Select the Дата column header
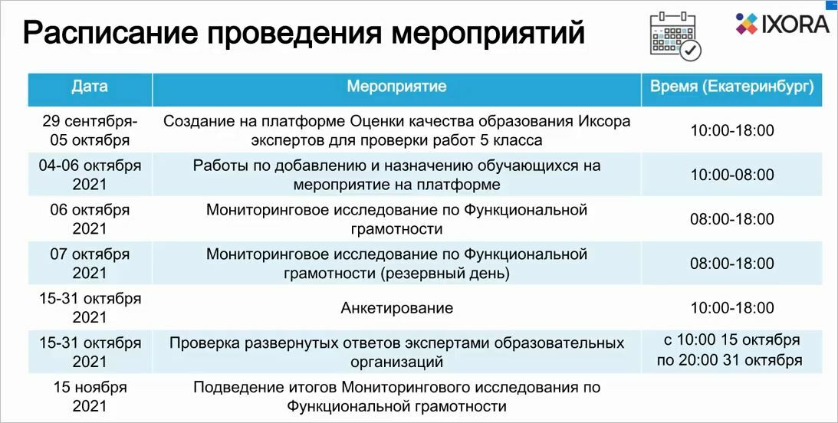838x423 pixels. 90,86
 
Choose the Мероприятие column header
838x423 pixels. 396,86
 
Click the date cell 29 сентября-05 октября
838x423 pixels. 90,130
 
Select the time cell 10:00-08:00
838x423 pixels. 732,175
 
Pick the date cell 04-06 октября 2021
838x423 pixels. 90,175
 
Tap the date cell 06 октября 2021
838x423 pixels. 90,219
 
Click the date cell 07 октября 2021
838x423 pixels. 90,264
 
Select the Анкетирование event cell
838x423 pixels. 396,307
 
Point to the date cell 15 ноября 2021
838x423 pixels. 90,396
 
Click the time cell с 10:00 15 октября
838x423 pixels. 731,339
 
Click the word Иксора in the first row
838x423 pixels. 605,121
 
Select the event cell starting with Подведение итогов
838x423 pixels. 396,396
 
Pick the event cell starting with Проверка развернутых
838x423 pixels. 396,352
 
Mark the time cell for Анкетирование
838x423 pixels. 732,307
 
